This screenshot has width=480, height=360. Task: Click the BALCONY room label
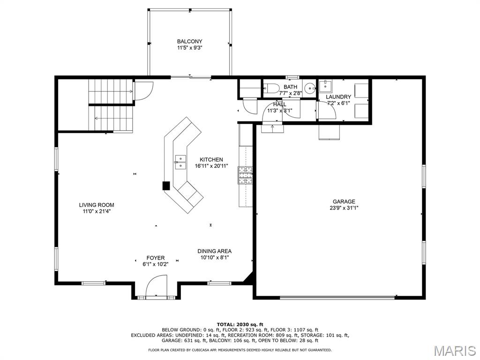(189, 41)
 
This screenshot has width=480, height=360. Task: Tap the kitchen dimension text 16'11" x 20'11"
(211, 166)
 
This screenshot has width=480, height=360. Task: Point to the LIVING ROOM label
(97, 205)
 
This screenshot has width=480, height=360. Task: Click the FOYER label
(156, 258)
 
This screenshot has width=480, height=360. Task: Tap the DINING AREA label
(214, 251)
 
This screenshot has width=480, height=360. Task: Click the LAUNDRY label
(338, 97)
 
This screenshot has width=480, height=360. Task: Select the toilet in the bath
(271, 89)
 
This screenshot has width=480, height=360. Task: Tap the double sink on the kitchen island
(180, 162)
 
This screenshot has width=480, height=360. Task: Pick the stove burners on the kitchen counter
(245, 175)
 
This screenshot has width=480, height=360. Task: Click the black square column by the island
(166, 186)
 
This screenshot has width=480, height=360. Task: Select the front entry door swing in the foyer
(157, 285)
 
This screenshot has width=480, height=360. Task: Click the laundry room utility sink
(325, 86)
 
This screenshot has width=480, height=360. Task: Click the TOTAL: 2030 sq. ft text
(240, 324)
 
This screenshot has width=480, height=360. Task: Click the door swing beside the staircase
(144, 90)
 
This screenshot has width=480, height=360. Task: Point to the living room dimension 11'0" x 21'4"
(97, 211)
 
